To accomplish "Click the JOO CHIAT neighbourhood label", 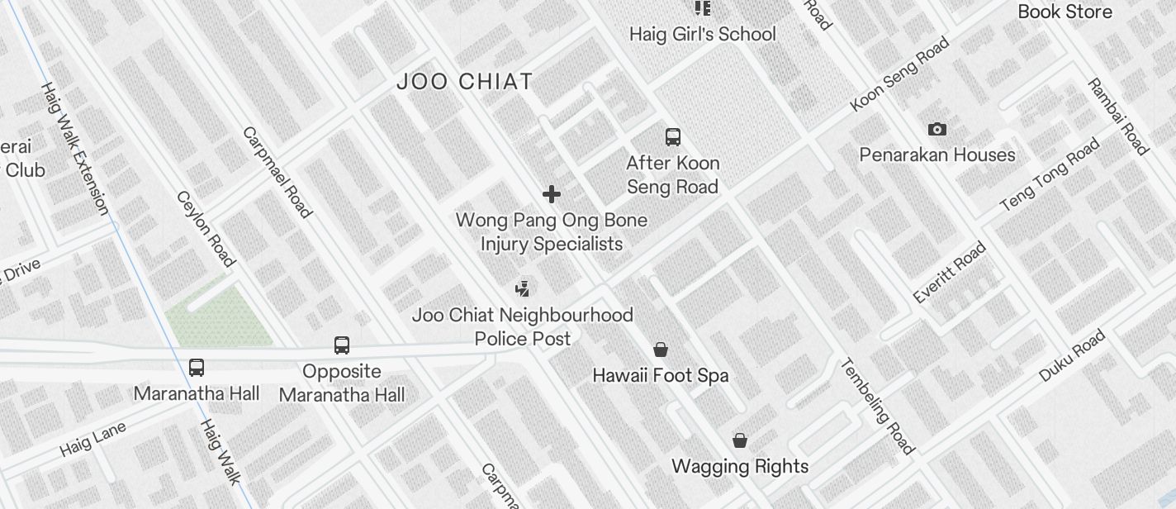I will (465, 82).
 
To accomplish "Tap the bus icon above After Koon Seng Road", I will (673, 137).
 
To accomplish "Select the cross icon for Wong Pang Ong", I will (551, 194).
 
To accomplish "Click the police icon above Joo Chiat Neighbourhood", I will (522, 288).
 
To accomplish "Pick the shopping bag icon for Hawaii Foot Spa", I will (661, 350).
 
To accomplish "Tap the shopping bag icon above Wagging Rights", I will (740, 440).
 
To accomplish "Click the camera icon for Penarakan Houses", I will (937, 129).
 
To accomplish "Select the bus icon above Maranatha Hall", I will (197, 368).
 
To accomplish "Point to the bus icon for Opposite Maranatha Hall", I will (342, 345).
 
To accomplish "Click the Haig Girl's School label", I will (703, 34).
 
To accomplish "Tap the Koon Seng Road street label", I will (899, 74).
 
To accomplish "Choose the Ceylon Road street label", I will (206, 229).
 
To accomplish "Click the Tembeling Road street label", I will (878, 406).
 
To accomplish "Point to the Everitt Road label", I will (950, 272).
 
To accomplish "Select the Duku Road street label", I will (1072, 355).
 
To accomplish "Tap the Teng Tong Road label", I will (1050, 174).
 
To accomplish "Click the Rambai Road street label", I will (1118, 117).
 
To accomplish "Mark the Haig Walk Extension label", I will (74, 148).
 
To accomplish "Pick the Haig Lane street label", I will (92, 439).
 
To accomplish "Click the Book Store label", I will (1065, 12).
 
